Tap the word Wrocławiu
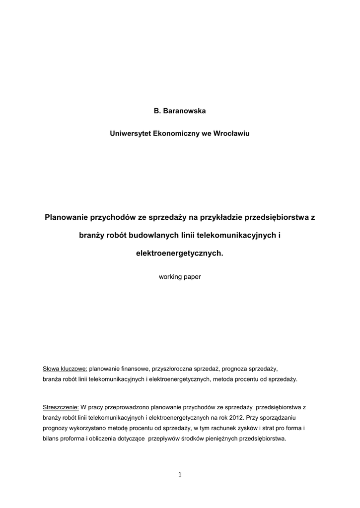[231, 133]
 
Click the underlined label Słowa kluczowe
[65, 369]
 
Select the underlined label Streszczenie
[61, 407]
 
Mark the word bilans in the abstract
[52, 439]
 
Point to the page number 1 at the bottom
[180, 475]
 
